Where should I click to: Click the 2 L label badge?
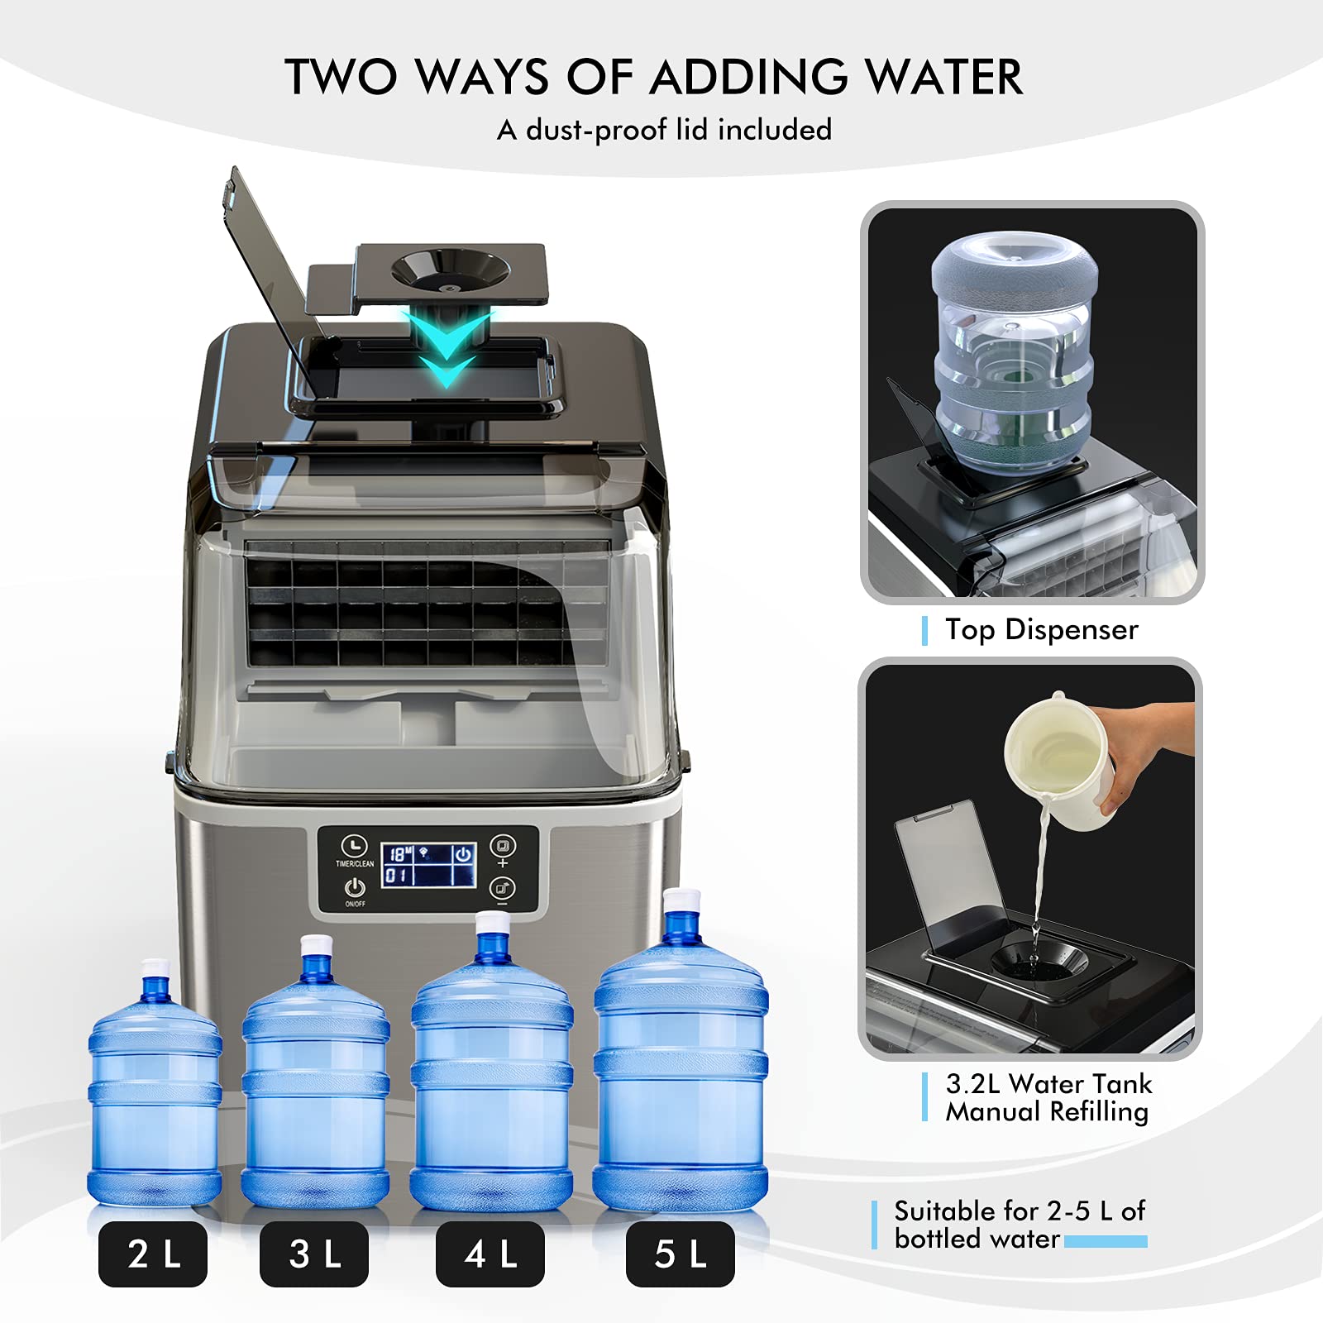click(x=153, y=1254)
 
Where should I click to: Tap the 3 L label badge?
click(x=314, y=1254)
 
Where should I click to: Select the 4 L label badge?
click(x=490, y=1254)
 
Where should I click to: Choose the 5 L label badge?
click(x=680, y=1254)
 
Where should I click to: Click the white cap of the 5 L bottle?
click(x=682, y=901)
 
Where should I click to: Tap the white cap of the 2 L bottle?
click(x=155, y=968)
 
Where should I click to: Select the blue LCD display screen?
click(x=428, y=865)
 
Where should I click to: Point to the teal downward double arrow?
click(x=447, y=348)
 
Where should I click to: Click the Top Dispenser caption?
click(x=1041, y=630)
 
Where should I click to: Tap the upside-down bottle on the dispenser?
click(x=1015, y=347)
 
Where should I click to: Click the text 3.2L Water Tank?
click(x=1048, y=1083)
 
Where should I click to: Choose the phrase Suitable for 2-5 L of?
click(x=1019, y=1211)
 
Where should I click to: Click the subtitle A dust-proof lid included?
click(x=664, y=130)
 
